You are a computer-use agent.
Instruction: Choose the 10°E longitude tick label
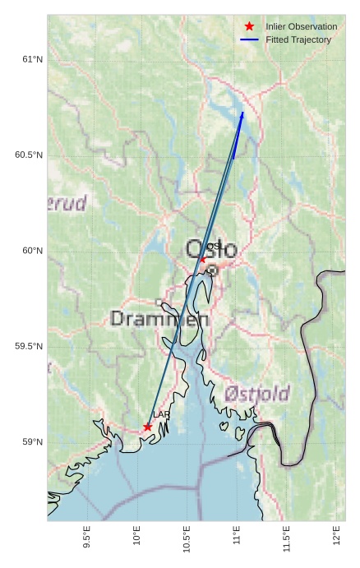click(136, 535)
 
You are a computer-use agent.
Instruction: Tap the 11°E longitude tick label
click(237, 535)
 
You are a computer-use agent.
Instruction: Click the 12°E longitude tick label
click(336, 535)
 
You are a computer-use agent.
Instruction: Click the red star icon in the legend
click(250, 26)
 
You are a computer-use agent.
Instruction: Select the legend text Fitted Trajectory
click(298, 39)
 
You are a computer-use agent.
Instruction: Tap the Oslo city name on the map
click(211, 249)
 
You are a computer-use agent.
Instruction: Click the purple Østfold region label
click(256, 395)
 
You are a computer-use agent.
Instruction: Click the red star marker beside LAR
click(147, 427)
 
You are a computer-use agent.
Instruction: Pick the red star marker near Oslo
click(203, 259)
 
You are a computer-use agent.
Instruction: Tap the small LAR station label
click(160, 415)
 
